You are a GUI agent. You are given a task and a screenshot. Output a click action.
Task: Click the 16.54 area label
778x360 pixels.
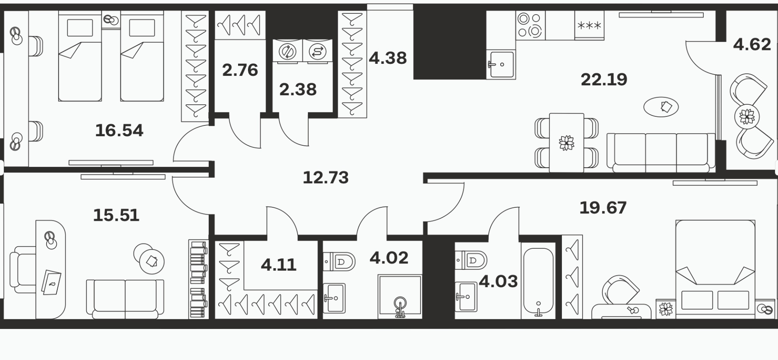click(x=119, y=130)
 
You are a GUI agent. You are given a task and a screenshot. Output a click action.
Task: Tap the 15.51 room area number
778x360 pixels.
click(x=116, y=215)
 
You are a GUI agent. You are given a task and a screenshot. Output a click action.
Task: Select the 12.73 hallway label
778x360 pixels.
click(x=326, y=177)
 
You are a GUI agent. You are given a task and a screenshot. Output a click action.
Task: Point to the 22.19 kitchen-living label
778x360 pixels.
click(x=604, y=79)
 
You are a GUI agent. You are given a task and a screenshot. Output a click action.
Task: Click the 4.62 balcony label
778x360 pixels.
click(x=752, y=44)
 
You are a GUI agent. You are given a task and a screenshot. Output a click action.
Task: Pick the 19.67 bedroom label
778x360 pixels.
click(x=602, y=208)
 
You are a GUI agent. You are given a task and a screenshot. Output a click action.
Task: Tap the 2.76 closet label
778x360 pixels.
click(x=240, y=70)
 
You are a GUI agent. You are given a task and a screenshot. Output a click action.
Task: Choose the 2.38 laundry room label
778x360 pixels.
click(x=298, y=90)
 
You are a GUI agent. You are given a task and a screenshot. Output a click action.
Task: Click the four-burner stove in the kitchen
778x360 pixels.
click(x=530, y=25)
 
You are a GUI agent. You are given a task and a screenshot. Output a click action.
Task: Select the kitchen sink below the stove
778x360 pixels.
click(x=501, y=65)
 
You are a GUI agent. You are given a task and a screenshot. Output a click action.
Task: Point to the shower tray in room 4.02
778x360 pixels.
click(x=400, y=297)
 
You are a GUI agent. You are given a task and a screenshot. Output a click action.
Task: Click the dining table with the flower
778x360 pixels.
click(x=566, y=143)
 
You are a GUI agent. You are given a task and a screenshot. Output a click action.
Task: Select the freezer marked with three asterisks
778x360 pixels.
click(x=589, y=25)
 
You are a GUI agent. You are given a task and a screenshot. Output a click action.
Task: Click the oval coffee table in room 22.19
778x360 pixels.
click(x=661, y=106)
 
